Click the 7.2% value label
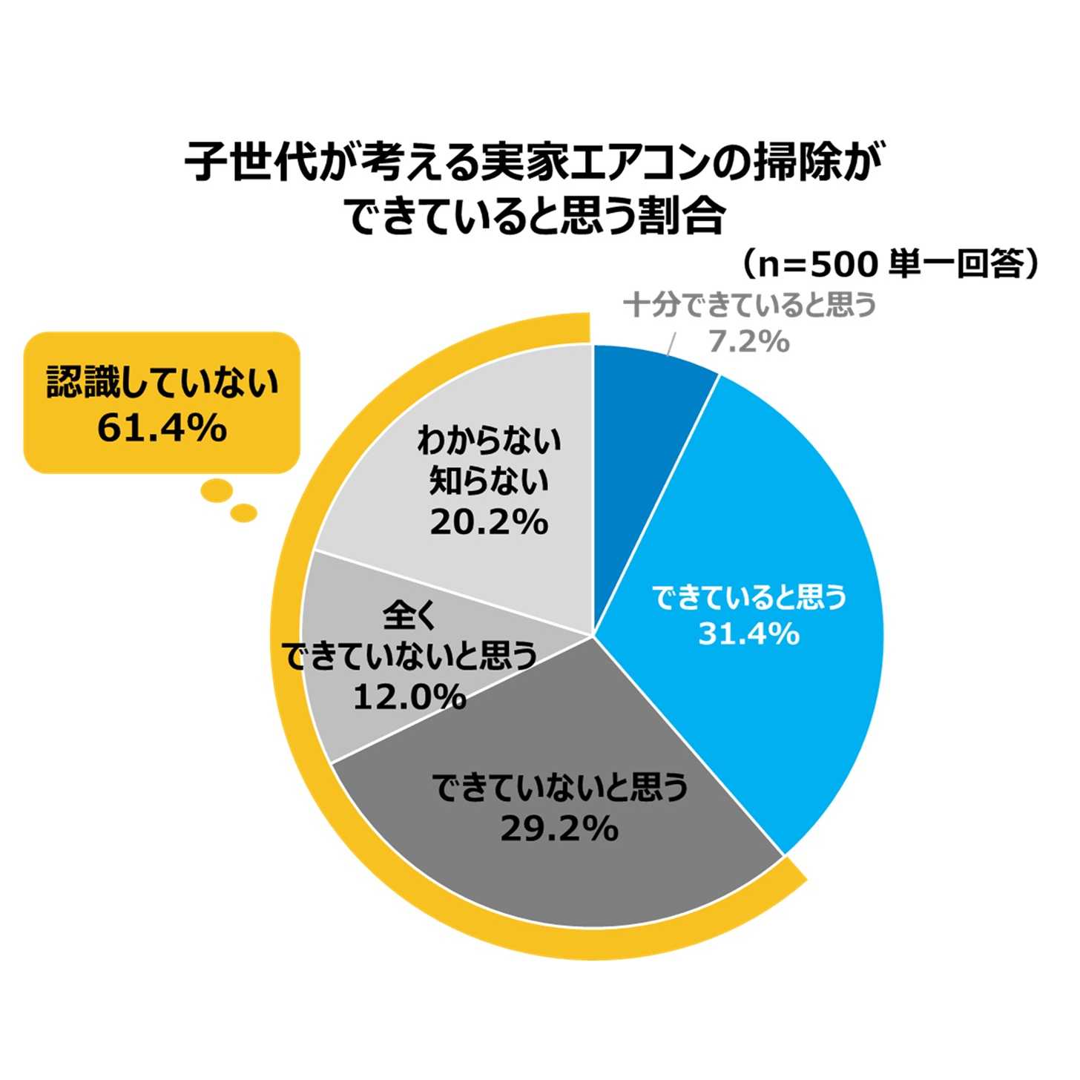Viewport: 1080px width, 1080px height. coord(748,341)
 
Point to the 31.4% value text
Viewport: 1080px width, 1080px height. coord(748,634)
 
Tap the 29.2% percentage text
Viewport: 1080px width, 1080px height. coord(559,829)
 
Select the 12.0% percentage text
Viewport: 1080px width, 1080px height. coord(409,697)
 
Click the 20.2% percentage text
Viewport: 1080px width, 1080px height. coord(489,523)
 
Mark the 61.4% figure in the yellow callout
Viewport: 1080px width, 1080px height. coord(162,428)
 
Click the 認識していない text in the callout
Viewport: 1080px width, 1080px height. coord(162,383)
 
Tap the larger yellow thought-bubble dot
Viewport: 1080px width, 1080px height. coord(217,490)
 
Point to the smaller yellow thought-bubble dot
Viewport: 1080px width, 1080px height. coord(243,513)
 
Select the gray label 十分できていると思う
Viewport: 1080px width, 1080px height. coord(749,304)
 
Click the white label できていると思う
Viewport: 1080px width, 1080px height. coord(748,597)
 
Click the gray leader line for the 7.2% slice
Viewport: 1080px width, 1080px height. coord(672,343)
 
